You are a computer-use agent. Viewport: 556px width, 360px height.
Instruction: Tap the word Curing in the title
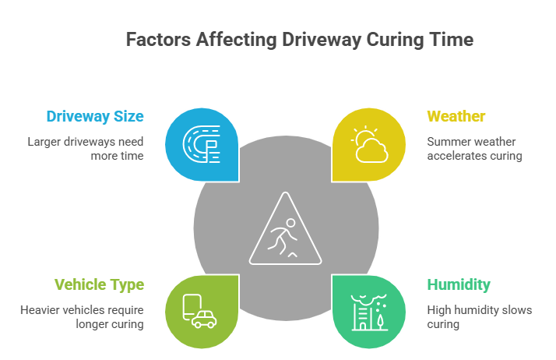392,40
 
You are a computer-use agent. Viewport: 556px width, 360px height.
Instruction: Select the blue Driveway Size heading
95,117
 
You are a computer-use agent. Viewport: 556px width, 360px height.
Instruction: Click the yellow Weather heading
456,117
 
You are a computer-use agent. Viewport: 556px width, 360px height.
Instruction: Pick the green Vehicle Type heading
99,284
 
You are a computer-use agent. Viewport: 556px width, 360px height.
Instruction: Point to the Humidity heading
459,284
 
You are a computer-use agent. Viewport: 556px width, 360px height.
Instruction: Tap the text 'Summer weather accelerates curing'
474,148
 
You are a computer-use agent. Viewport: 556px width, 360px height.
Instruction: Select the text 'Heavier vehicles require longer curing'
82,316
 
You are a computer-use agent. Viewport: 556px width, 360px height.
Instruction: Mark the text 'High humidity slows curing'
479,316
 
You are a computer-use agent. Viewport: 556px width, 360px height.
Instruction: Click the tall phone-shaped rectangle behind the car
192,306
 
